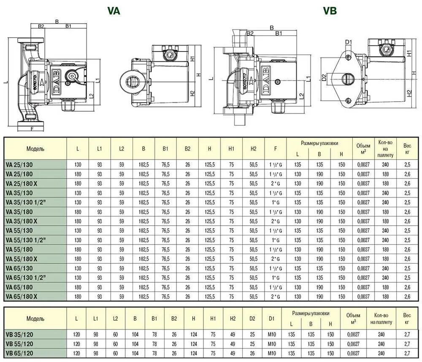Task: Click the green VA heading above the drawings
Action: click(114, 11)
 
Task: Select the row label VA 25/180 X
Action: click(22, 183)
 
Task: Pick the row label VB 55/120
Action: click(20, 343)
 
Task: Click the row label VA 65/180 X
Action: click(22, 296)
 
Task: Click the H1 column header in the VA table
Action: click(231, 149)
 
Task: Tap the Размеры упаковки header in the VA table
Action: click(319, 143)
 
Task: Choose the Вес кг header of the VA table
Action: click(407, 149)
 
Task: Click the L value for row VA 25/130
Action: click(78, 164)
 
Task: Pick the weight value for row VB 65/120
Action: click(407, 353)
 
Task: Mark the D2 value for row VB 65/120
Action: click(252, 353)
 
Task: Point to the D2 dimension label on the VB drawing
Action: click(324, 78)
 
